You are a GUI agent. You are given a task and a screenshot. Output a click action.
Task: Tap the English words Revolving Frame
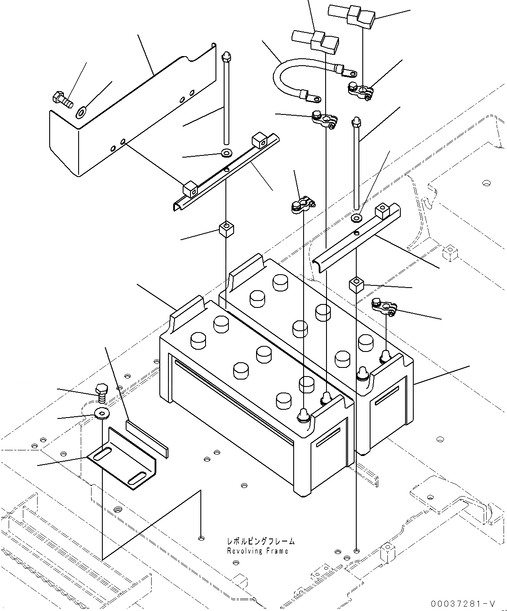(x=257, y=551)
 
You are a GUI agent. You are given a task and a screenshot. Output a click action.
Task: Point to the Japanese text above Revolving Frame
(x=261, y=541)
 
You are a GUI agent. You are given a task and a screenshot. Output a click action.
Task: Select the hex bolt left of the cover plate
(x=63, y=99)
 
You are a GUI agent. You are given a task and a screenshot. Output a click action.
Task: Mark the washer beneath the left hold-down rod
(x=226, y=152)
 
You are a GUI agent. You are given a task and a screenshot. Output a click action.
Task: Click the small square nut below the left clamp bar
(x=226, y=228)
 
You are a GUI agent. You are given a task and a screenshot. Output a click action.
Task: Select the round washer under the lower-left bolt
(x=101, y=414)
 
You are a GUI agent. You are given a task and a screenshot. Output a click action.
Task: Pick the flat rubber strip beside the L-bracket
(x=147, y=437)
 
